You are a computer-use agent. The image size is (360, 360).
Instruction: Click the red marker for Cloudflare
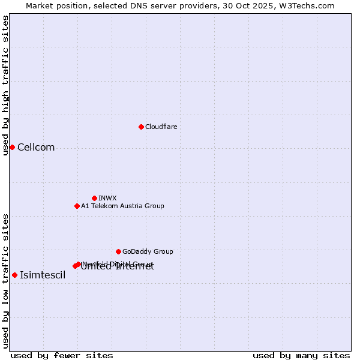pos(141,127)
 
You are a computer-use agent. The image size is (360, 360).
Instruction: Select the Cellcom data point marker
pos(12,147)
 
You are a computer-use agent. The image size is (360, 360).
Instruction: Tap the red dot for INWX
pos(94,198)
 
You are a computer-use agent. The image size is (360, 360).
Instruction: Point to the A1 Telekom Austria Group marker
pos(77,206)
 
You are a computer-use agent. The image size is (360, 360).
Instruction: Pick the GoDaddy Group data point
pos(118,251)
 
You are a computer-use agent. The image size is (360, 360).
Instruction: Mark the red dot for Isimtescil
pos(14,275)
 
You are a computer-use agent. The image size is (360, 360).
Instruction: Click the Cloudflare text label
pos(161,127)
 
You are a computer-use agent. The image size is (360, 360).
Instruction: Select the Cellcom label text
pos(36,148)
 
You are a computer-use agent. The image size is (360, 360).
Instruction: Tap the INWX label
pos(107,198)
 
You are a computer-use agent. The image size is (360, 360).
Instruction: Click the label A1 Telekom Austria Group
pos(122,206)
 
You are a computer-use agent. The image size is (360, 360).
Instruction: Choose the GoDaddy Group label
pos(148,251)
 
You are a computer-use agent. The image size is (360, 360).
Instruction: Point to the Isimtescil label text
pos(43,275)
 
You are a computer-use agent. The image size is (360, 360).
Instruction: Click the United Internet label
pos(118,268)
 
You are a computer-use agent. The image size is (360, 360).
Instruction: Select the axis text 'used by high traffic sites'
pos(6,85)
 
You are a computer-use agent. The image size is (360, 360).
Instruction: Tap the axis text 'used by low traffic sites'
pos(6,280)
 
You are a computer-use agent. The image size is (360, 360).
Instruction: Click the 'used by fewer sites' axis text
pos(62,355)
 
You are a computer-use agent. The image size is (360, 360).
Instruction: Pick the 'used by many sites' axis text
pos(301,355)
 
